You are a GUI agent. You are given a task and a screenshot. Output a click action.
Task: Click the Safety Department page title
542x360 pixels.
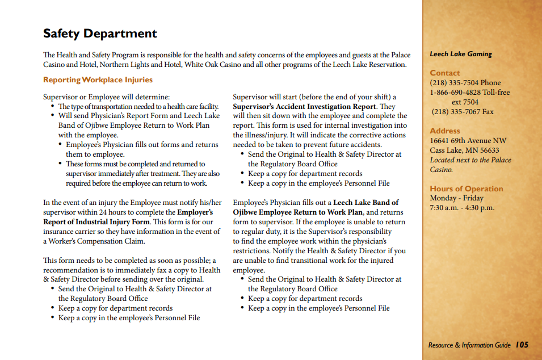pyautogui.click(x=100, y=34)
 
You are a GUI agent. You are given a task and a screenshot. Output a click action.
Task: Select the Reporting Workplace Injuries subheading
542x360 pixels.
pyautogui.click(x=98, y=79)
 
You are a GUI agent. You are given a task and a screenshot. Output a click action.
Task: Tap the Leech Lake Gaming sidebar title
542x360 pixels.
pyautogui.click(x=460, y=54)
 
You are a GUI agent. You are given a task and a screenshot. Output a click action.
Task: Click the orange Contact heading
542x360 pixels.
pyautogui.click(x=445, y=73)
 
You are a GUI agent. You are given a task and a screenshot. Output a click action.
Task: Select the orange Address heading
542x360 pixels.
pyautogui.click(x=445, y=131)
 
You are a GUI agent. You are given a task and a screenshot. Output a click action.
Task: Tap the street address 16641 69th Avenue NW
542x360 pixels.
pyautogui.click(x=468, y=140)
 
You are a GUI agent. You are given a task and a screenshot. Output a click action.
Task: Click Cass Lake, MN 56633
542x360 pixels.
pyautogui.click(x=464, y=150)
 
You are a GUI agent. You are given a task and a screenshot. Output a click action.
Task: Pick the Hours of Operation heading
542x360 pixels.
pyautogui.click(x=466, y=189)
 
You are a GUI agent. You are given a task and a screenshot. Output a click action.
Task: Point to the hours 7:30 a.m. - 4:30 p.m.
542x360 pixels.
pyautogui.click(x=462, y=207)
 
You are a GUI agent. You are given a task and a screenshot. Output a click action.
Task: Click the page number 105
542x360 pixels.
pyautogui.click(x=522, y=345)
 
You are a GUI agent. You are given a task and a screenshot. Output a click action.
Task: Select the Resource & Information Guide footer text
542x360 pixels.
pyautogui.click(x=469, y=345)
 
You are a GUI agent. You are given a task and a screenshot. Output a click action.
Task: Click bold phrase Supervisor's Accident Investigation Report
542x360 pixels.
pyautogui.click(x=304, y=106)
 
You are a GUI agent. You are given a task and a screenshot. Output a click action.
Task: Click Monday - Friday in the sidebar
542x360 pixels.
pyautogui.click(x=456, y=198)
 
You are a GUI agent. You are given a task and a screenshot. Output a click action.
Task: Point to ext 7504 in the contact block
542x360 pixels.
pyautogui.click(x=465, y=102)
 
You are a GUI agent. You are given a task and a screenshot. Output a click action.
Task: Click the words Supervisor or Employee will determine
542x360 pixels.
pyautogui.click(x=107, y=97)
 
